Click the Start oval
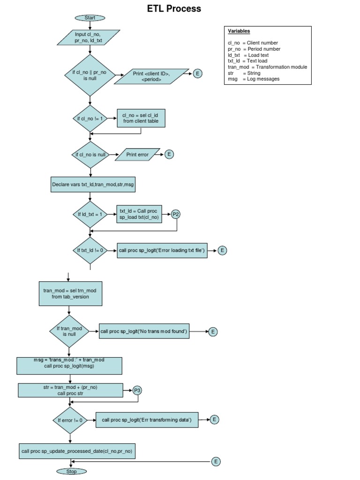point(90,18)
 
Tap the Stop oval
point(72,472)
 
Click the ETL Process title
point(174,8)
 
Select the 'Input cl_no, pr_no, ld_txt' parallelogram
point(89,37)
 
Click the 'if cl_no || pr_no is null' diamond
point(90,75)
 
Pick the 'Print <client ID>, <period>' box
point(151,76)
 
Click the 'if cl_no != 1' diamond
point(90,119)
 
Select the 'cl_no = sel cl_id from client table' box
point(141,118)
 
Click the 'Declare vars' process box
point(93,185)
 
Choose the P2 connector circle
point(175,214)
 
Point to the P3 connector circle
point(137,390)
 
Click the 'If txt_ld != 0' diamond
point(90,250)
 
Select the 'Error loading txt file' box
point(162,250)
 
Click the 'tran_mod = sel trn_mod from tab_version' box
point(70,294)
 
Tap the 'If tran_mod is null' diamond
point(69,331)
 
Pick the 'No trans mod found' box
point(144,331)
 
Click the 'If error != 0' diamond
point(70,420)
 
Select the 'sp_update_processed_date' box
point(77,451)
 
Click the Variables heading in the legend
point(239,31)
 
